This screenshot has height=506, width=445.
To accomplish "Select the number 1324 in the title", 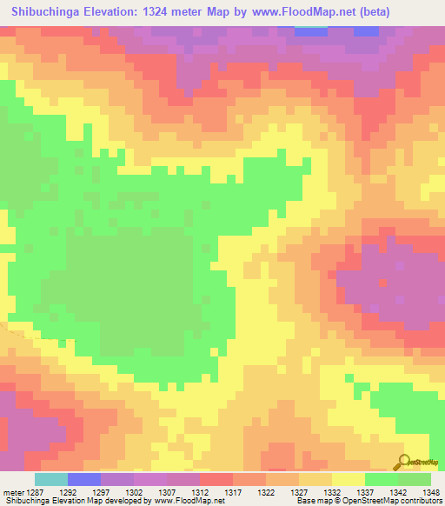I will pyautogui.click(x=163, y=12).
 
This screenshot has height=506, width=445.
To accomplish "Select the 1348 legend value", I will pyautogui.click(x=431, y=491).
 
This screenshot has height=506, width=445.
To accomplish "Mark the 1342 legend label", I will pyautogui.click(x=398, y=491).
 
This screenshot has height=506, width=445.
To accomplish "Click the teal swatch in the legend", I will pyautogui.click(x=51, y=479).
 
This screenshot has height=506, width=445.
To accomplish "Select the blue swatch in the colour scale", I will pyautogui.click(x=84, y=479).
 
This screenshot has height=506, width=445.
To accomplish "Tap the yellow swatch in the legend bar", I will pyautogui.click(x=349, y=479).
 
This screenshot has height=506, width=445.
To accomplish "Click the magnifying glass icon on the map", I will pyautogui.click(x=406, y=463).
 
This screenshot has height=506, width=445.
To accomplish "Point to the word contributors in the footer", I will pyautogui.click(x=417, y=501).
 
